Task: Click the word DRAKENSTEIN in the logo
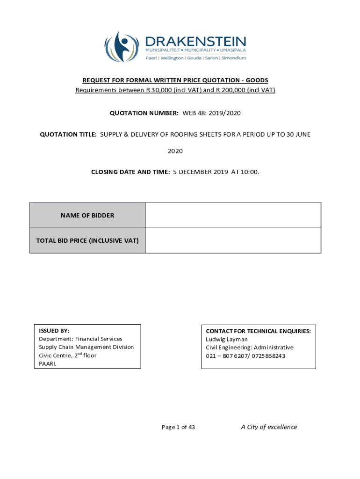[195, 41]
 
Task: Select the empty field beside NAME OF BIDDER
[233, 215]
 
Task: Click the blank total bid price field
[233, 240]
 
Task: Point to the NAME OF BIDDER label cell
[87, 216]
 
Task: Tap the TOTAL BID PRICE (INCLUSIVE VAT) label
[87, 241]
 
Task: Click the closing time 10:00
[250, 172]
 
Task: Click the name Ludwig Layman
[227, 339]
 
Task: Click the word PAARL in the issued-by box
[47, 364]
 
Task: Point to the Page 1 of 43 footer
[178, 427]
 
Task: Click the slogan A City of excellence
[269, 427]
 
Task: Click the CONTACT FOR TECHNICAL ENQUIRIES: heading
[258, 331]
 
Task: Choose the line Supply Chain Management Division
[86, 347]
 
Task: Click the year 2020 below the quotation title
[175, 151]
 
